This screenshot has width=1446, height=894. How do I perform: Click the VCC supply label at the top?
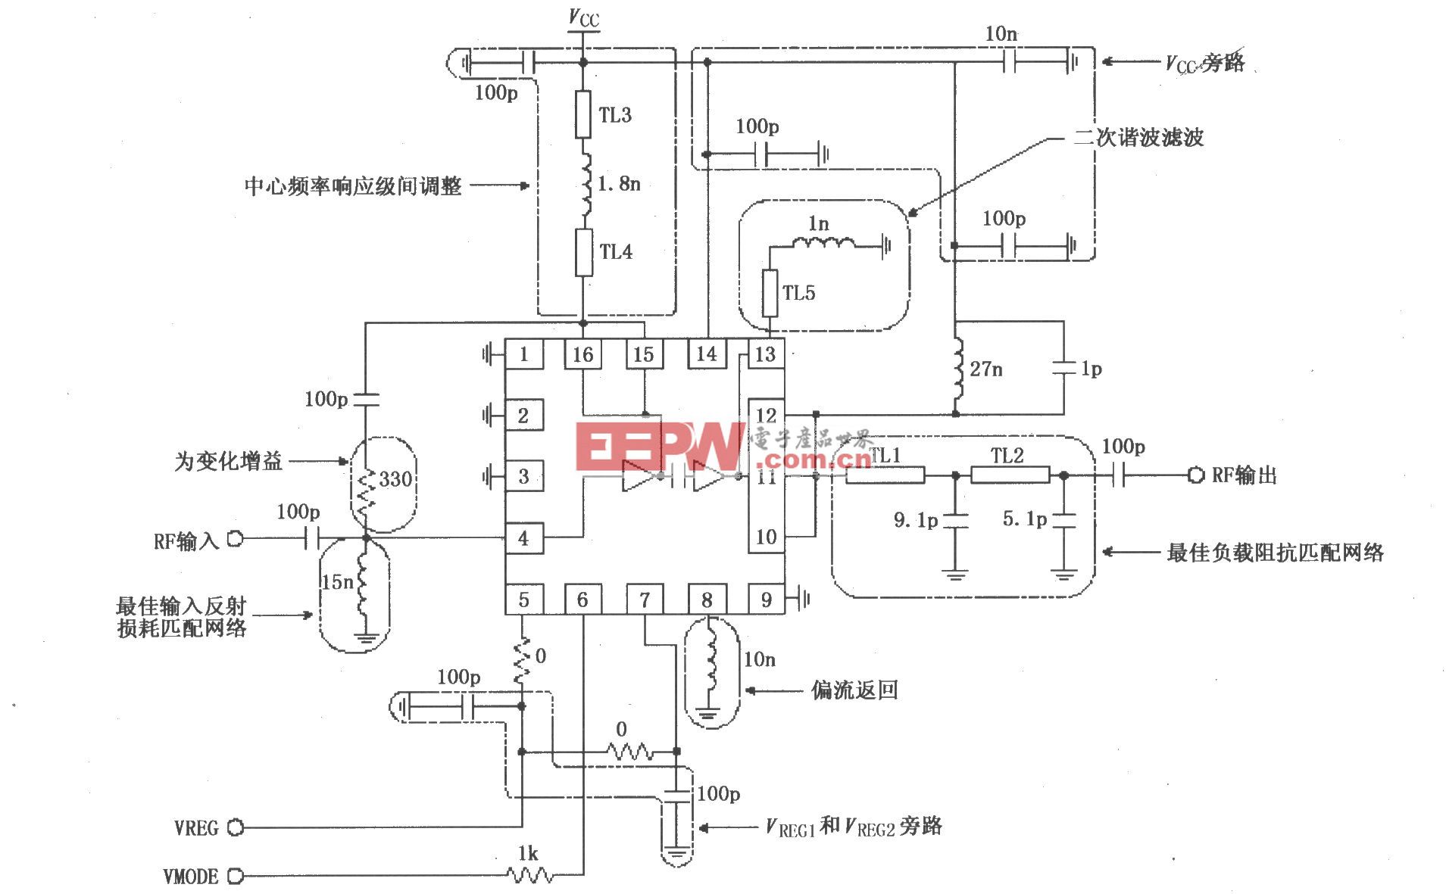[x=584, y=18]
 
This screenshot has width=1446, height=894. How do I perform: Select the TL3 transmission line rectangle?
[x=582, y=114]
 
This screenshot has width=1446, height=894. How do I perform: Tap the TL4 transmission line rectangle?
[x=583, y=252]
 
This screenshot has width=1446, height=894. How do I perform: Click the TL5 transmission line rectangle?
[x=770, y=293]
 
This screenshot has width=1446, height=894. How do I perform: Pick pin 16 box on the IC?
[x=582, y=354]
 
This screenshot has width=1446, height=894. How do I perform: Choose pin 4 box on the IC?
[x=523, y=538]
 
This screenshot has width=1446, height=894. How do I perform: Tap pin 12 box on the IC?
[x=766, y=415]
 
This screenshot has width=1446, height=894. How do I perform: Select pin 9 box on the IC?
[x=766, y=600]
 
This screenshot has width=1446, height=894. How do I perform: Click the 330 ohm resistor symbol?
[x=367, y=490]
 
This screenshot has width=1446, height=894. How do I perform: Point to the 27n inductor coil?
[x=958, y=369]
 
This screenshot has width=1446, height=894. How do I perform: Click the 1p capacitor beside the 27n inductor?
[x=1064, y=368]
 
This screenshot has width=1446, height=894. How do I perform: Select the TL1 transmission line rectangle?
[x=884, y=475]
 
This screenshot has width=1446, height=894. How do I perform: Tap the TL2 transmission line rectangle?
[x=1010, y=475]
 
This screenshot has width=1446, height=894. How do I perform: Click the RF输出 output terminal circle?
[x=1195, y=475]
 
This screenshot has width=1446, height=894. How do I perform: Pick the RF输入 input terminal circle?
[x=236, y=539]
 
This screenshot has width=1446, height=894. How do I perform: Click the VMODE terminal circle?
[x=236, y=877]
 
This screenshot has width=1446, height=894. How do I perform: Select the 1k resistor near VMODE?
[x=529, y=876]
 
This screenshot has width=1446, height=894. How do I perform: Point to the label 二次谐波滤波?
[x=1138, y=138]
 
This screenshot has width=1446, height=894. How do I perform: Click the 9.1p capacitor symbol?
[x=955, y=521]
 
